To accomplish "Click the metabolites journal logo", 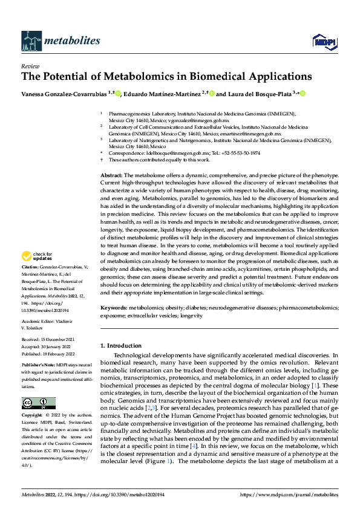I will coord(61,40).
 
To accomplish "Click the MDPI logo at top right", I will coord(324,41).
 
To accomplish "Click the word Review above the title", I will coord(30,66).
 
